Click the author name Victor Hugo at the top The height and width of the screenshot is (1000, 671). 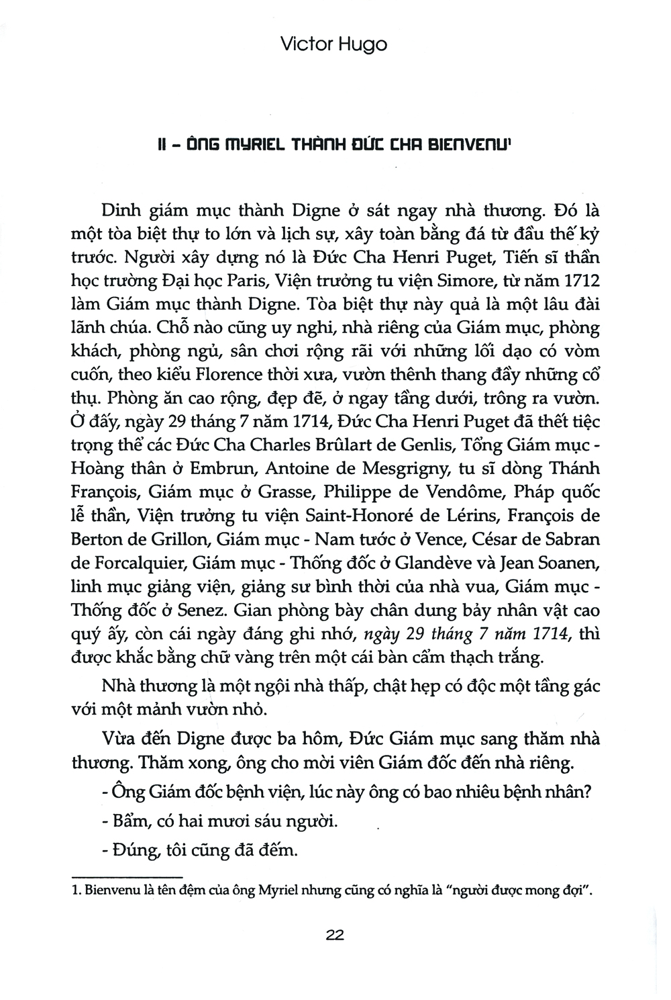[333, 45]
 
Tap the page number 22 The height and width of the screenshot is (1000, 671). [334, 935]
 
